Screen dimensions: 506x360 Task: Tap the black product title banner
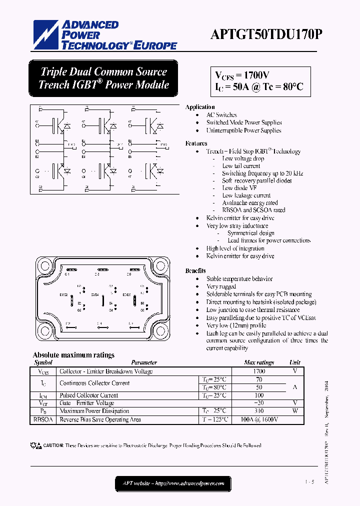tap(103, 78)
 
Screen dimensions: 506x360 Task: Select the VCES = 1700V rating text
tap(242, 75)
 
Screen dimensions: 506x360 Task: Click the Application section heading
tap(200, 107)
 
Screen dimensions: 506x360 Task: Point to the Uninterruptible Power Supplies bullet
tap(243, 130)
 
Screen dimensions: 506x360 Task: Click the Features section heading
tap(196, 143)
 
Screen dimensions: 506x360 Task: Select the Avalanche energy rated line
tap(250, 203)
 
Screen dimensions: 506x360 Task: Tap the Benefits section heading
tap(195, 270)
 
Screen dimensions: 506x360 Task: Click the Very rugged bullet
tap(221, 286)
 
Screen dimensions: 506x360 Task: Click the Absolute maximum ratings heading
tap(73, 355)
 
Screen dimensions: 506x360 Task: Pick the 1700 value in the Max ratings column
tap(258, 371)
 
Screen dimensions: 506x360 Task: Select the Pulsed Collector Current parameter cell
tap(89, 395)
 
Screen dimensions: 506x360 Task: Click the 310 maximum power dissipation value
tap(258, 411)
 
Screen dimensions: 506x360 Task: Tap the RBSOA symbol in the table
tap(42, 419)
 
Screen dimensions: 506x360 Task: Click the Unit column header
tap(295, 362)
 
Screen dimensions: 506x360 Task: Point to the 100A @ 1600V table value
tap(259, 419)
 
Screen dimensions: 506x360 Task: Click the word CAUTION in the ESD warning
tap(53, 445)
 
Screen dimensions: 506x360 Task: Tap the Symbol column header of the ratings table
tap(43, 362)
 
